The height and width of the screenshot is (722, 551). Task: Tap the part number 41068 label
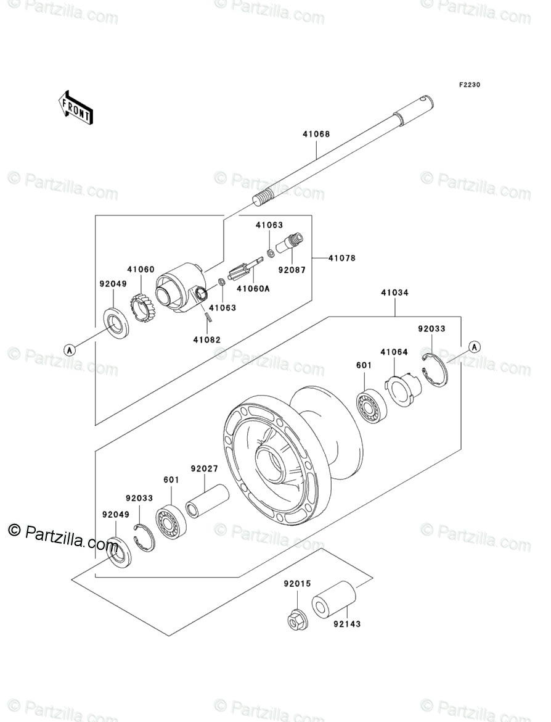pos(316,135)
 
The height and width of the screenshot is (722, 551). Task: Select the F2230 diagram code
pos(468,85)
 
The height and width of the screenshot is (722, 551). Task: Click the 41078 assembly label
pos(342,258)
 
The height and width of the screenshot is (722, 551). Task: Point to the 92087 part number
pos(292,270)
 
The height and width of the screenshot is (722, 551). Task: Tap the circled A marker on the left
pos(70,349)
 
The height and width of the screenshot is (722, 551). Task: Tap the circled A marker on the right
pos(475,346)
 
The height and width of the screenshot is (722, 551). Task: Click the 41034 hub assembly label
pos(394,293)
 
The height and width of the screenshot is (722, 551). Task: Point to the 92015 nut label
pos(298,583)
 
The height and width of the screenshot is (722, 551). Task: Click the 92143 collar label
pos(347,624)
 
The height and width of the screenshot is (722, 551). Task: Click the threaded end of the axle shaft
pos(263,200)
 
